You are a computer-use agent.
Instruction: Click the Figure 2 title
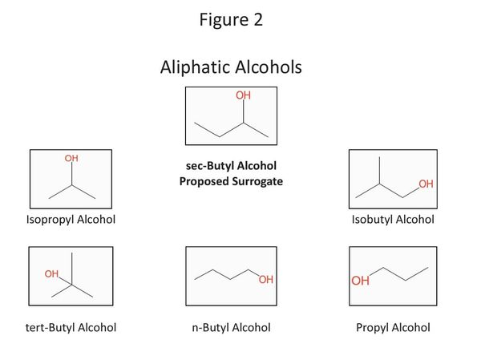click(x=231, y=20)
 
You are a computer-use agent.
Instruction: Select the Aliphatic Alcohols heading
click(x=231, y=67)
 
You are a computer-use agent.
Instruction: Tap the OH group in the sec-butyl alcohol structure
click(x=244, y=96)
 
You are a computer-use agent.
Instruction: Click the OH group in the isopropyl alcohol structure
click(x=71, y=159)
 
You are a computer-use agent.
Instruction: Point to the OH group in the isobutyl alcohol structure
click(x=425, y=184)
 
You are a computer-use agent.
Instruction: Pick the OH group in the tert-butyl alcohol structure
click(x=52, y=274)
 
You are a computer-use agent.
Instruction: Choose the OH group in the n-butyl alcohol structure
click(x=265, y=280)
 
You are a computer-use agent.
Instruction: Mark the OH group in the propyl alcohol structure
click(x=360, y=281)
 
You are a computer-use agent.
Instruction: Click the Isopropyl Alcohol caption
click(x=71, y=220)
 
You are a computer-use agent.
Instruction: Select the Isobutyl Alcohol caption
click(x=393, y=220)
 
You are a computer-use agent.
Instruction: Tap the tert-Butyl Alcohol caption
click(x=71, y=327)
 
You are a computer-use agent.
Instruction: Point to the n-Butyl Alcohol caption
click(x=231, y=327)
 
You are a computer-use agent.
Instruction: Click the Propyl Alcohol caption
click(x=393, y=327)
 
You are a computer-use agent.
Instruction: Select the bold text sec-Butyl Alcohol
click(x=231, y=166)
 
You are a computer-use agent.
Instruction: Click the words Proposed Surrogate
click(x=231, y=181)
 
